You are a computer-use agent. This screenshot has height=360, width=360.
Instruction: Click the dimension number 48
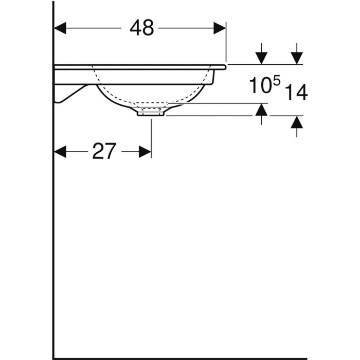click(141, 28)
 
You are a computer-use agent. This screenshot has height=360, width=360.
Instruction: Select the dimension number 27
click(104, 152)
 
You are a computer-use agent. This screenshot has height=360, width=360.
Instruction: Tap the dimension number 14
click(296, 93)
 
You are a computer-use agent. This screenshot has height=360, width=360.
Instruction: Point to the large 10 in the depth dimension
click(260, 85)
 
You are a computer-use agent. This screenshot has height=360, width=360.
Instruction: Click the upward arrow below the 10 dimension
click(262, 110)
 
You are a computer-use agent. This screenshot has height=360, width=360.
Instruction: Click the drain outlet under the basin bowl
click(151, 112)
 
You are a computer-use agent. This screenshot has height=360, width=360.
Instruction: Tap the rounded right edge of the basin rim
click(226, 66)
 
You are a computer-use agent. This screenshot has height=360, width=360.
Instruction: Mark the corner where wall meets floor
click(53, 344)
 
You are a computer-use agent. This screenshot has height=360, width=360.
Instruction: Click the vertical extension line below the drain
click(151, 136)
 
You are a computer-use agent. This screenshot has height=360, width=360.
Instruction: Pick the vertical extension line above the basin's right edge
click(226, 46)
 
